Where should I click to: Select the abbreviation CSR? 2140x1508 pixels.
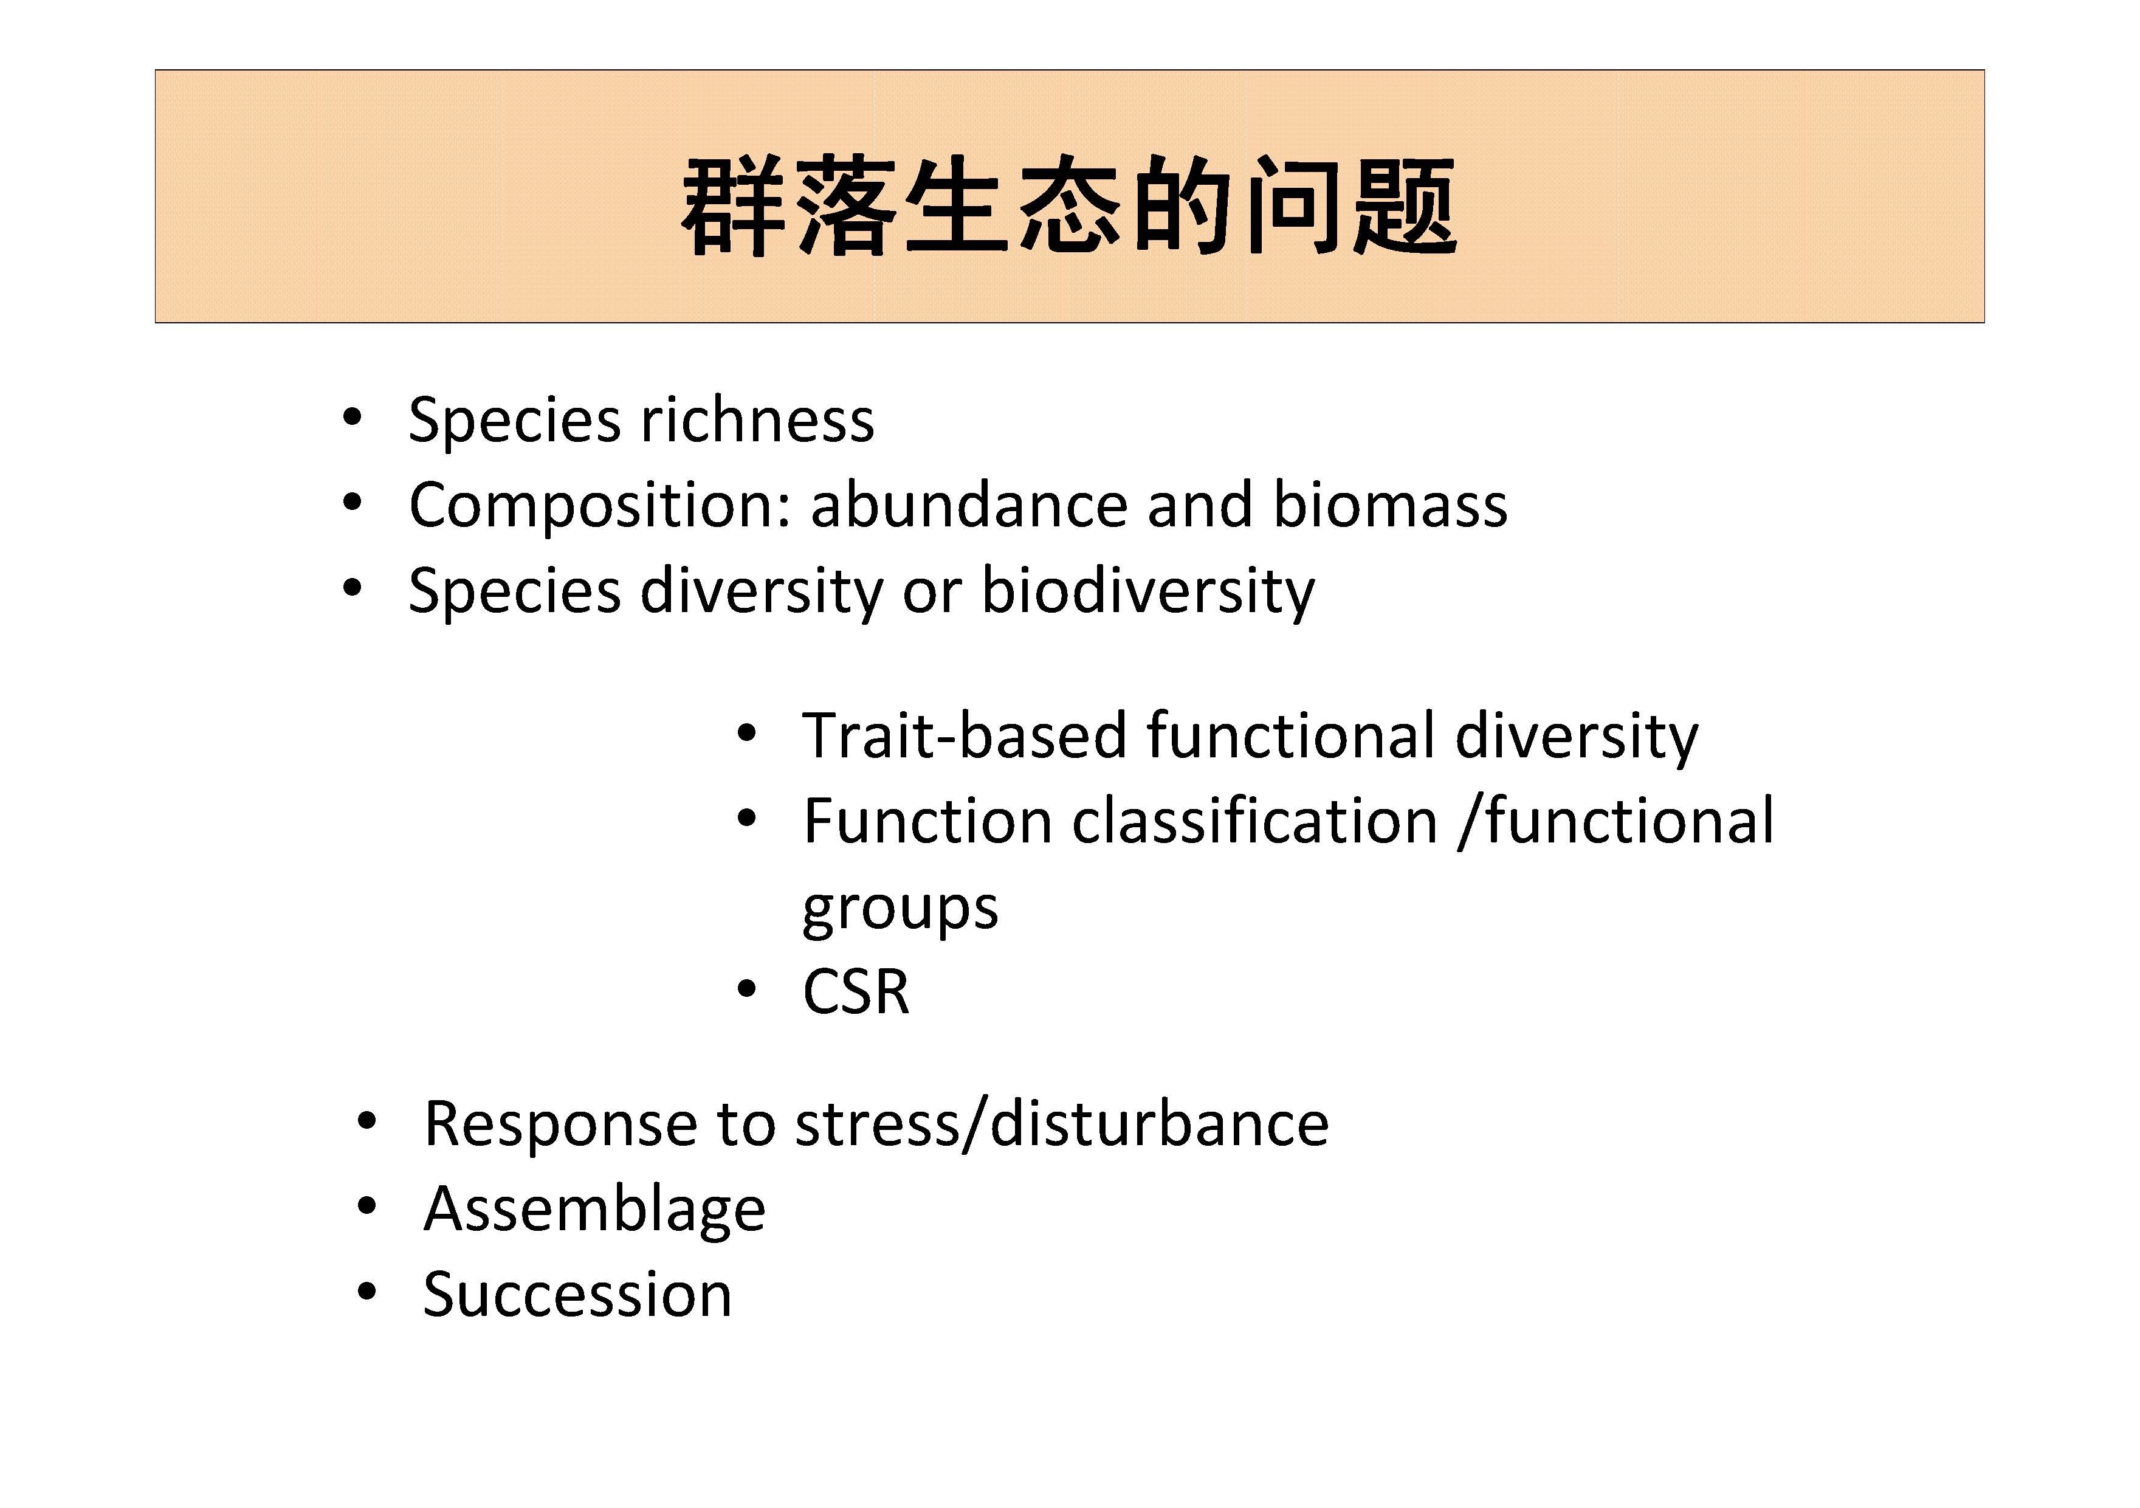(856, 992)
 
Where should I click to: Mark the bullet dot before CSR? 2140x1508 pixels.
(746, 989)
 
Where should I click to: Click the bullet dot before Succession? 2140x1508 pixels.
(366, 1293)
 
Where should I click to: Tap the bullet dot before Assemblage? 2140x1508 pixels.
(366, 1207)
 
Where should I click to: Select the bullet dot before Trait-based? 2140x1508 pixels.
(746, 732)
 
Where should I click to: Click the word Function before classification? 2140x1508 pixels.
(927, 821)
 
